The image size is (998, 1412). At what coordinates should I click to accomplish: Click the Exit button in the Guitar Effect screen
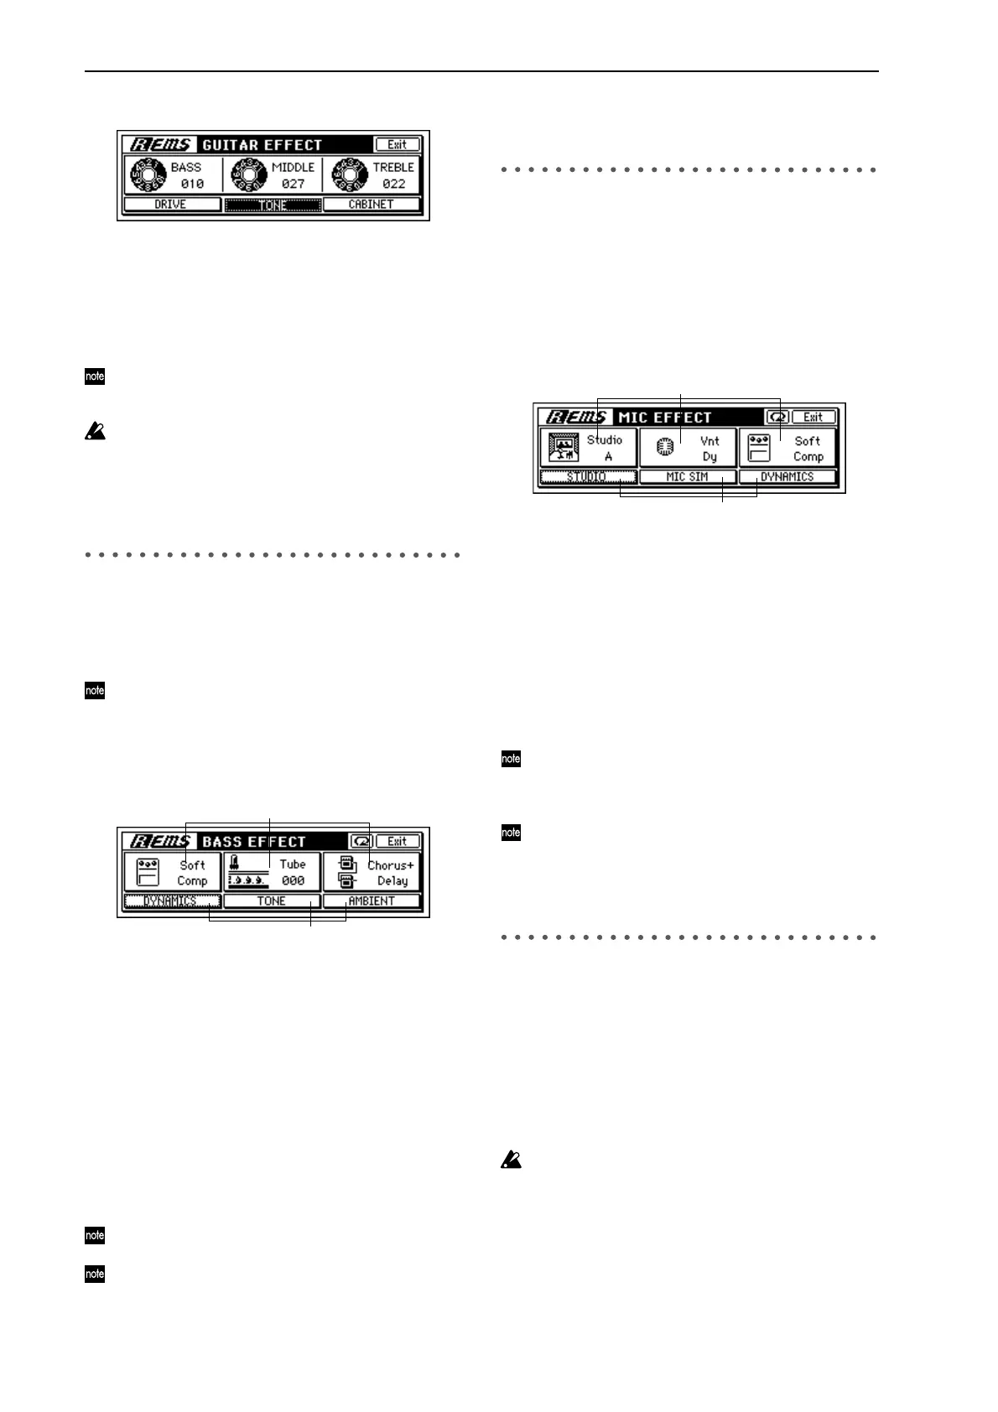click(x=397, y=144)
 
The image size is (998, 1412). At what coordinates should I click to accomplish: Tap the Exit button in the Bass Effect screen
click(x=397, y=841)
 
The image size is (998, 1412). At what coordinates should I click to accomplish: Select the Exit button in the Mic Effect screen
click(x=813, y=417)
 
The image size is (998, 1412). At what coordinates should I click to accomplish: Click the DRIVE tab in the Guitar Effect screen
click(x=171, y=205)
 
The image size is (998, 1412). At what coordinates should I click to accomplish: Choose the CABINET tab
click(x=371, y=205)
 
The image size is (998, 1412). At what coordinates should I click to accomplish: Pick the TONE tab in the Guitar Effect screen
click(x=273, y=205)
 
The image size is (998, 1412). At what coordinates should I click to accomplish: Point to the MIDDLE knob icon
click(x=247, y=175)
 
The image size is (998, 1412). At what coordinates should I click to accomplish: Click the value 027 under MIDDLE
click(x=293, y=184)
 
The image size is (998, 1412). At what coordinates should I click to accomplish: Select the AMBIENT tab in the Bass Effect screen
click(x=371, y=901)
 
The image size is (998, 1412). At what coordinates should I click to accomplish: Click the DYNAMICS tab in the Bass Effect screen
click(x=172, y=901)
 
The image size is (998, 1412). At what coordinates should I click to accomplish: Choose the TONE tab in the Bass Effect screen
click(x=272, y=901)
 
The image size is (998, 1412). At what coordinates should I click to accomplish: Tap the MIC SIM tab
click(x=687, y=477)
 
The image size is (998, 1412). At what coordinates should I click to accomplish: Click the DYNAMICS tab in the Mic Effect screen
click(x=787, y=477)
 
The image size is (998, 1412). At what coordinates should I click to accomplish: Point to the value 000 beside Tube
click(x=293, y=881)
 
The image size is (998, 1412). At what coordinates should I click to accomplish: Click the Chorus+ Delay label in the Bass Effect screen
click(x=390, y=873)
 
